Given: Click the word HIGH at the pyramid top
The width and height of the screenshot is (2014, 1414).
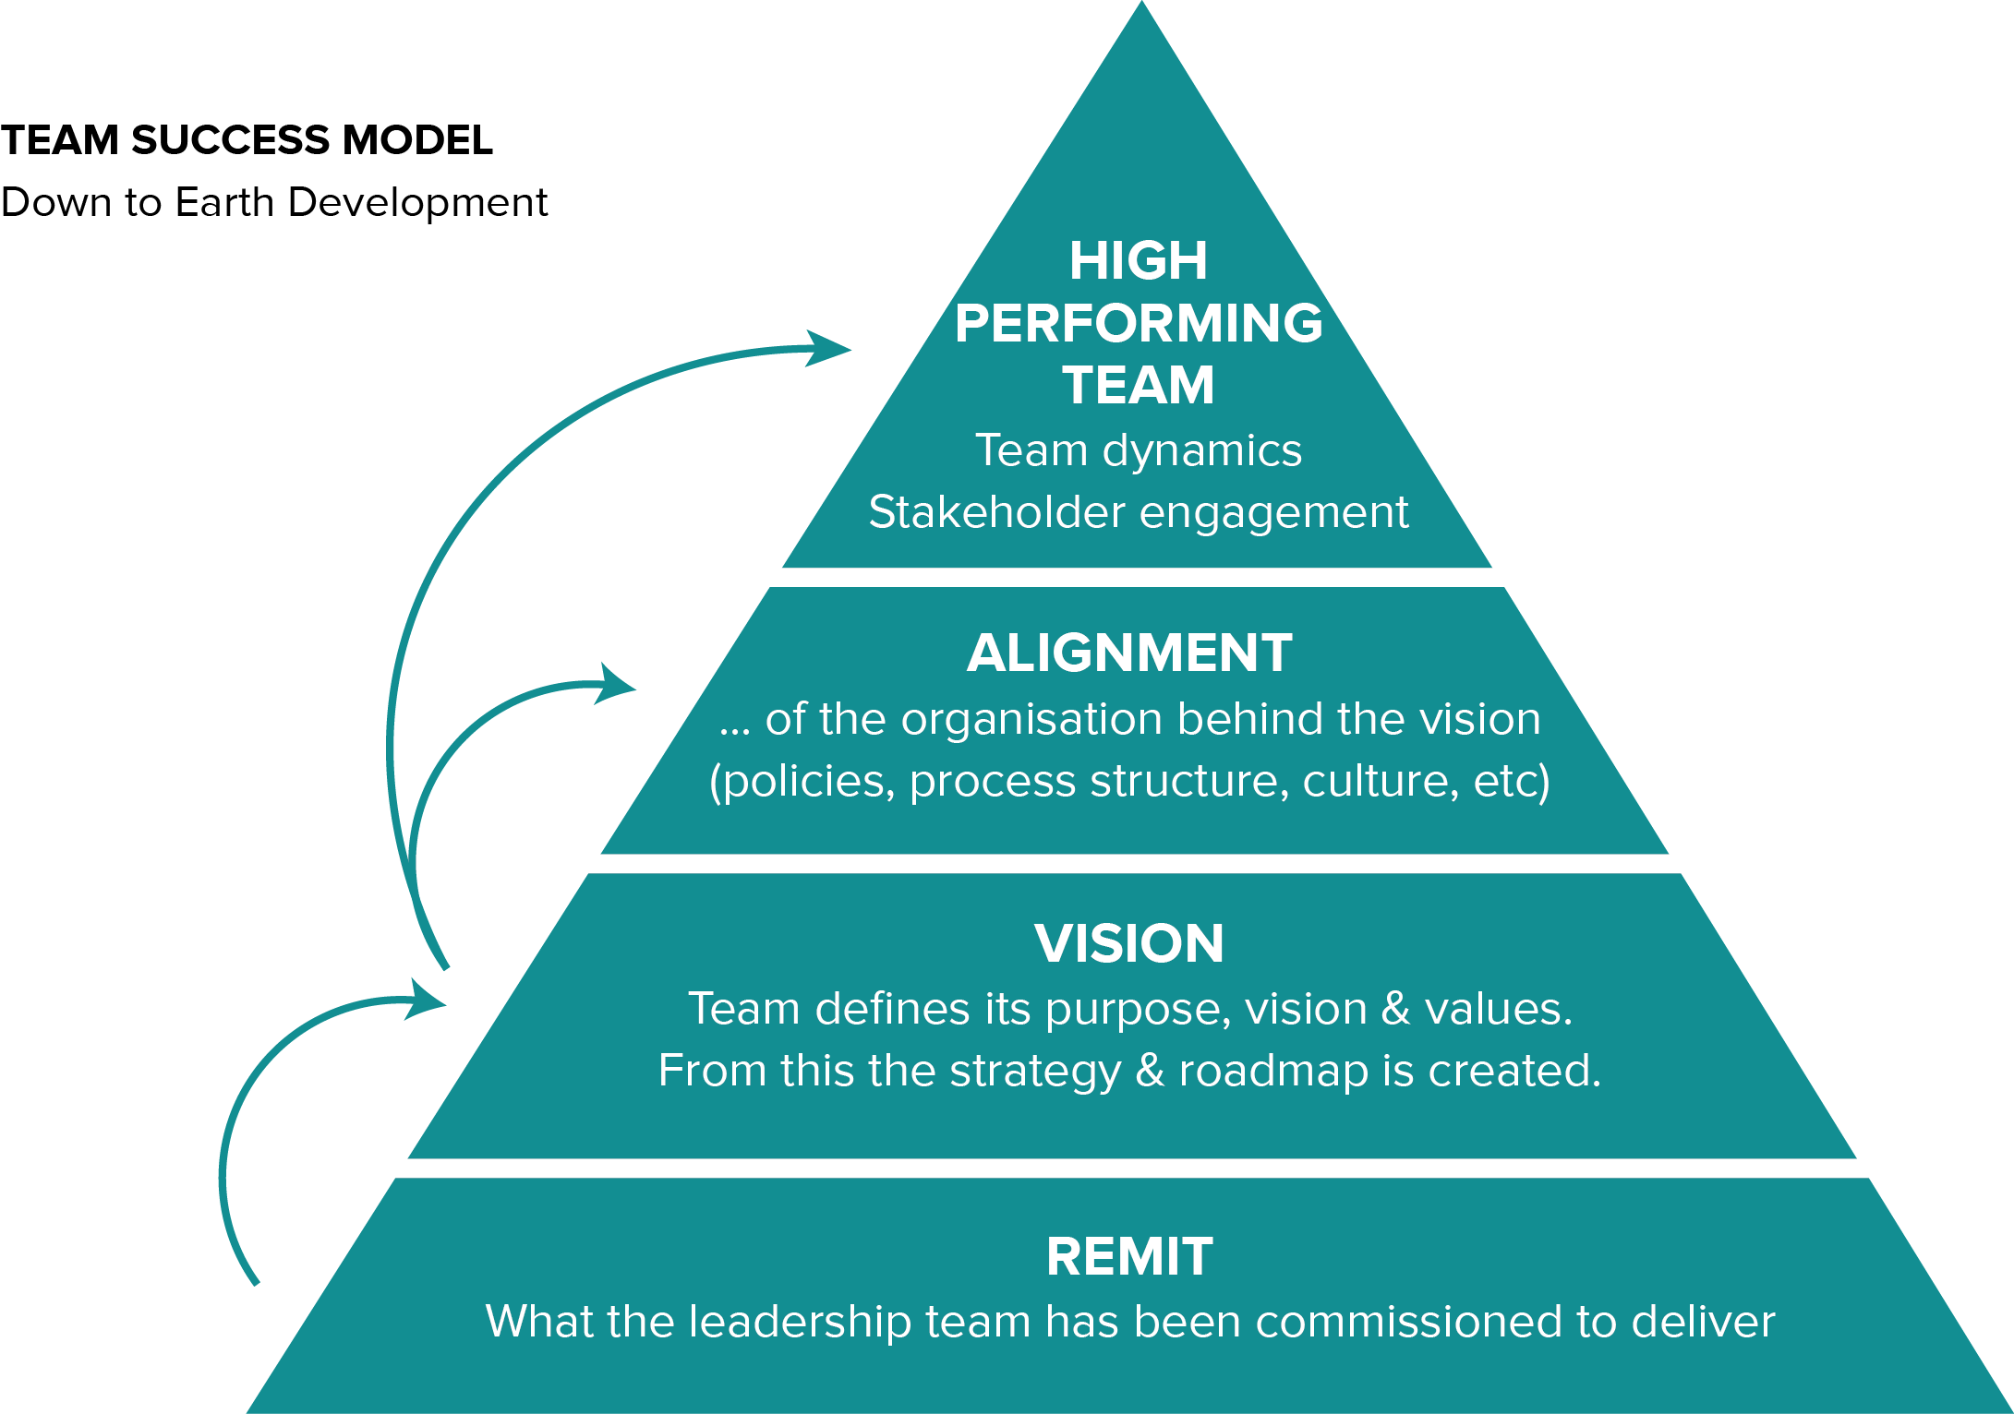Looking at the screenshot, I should pos(1138,261).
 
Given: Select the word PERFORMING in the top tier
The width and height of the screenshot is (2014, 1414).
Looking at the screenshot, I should pos(1139,323).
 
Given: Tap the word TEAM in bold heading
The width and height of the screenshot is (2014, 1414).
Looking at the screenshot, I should pos(1138,385).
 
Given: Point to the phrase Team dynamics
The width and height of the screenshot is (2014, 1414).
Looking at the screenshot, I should pos(1138,451).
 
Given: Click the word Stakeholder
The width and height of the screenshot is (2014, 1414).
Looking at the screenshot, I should pos(996,512).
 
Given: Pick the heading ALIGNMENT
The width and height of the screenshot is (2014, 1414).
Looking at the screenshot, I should pos(1129,653).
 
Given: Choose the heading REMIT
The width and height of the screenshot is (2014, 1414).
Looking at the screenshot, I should pos(1129,1257).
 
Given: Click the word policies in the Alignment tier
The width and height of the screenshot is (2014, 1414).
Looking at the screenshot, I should pos(802,781).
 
